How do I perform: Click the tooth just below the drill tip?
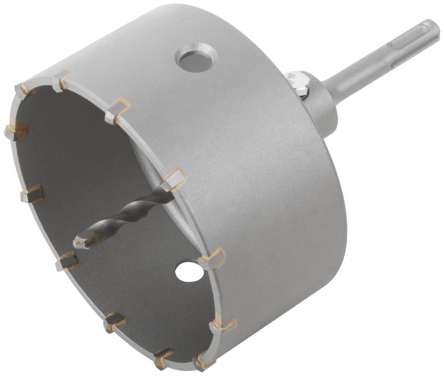[x=67, y=261]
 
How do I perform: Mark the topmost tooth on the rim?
[x=62, y=81]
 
